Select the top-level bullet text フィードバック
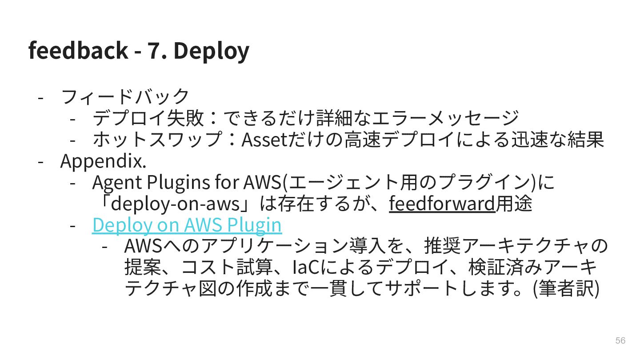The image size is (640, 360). point(125,96)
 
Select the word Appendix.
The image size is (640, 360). point(103,161)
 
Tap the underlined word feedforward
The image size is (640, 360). point(442,204)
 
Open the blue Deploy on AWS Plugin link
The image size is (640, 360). point(187,225)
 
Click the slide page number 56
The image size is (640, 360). point(620,340)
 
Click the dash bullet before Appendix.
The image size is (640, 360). point(40,161)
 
